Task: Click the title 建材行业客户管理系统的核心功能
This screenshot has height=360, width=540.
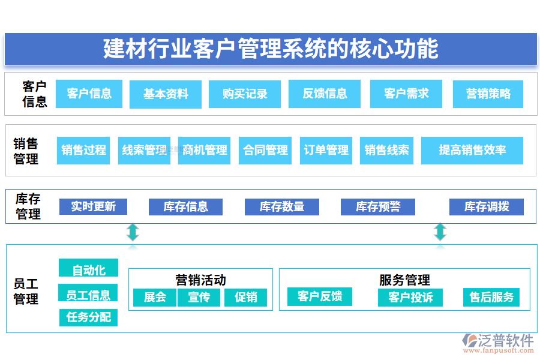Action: (271, 49)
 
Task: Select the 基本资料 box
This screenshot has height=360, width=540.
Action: (166, 94)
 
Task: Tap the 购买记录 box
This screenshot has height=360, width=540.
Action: (245, 94)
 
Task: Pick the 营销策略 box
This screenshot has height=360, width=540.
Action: (488, 94)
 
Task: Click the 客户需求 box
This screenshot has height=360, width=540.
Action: (406, 94)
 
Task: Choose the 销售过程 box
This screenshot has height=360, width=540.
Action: (83, 150)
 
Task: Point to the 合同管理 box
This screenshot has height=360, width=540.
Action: (265, 150)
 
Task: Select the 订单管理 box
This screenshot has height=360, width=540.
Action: (326, 150)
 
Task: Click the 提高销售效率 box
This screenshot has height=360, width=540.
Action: (472, 150)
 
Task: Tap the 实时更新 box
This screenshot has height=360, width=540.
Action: (93, 207)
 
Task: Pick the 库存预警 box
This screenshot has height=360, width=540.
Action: (377, 207)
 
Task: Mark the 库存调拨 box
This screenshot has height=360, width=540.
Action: (487, 207)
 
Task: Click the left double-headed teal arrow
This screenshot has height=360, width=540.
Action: (133, 232)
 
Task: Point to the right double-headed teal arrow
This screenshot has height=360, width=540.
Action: (440, 232)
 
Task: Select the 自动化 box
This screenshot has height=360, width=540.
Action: (88, 270)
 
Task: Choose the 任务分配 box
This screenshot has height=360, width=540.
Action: (88, 317)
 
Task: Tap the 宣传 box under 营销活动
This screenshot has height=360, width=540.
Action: (199, 297)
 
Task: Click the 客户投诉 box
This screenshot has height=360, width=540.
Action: (410, 297)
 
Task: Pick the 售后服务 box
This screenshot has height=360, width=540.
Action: (491, 297)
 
